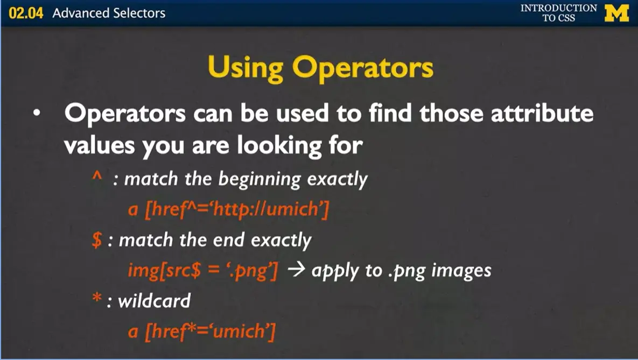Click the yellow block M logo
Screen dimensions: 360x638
point(616,12)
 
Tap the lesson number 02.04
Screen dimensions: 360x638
point(27,13)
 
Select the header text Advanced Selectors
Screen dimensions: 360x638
point(109,13)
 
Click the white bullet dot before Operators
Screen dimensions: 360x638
point(36,115)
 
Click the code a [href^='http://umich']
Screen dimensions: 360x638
point(228,209)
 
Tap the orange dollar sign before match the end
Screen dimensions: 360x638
point(97,240)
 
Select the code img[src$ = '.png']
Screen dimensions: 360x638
point(203,270)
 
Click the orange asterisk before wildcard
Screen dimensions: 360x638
point(97,299)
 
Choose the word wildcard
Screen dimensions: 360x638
point(154,301)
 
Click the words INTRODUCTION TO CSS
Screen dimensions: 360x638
point(558,13)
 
